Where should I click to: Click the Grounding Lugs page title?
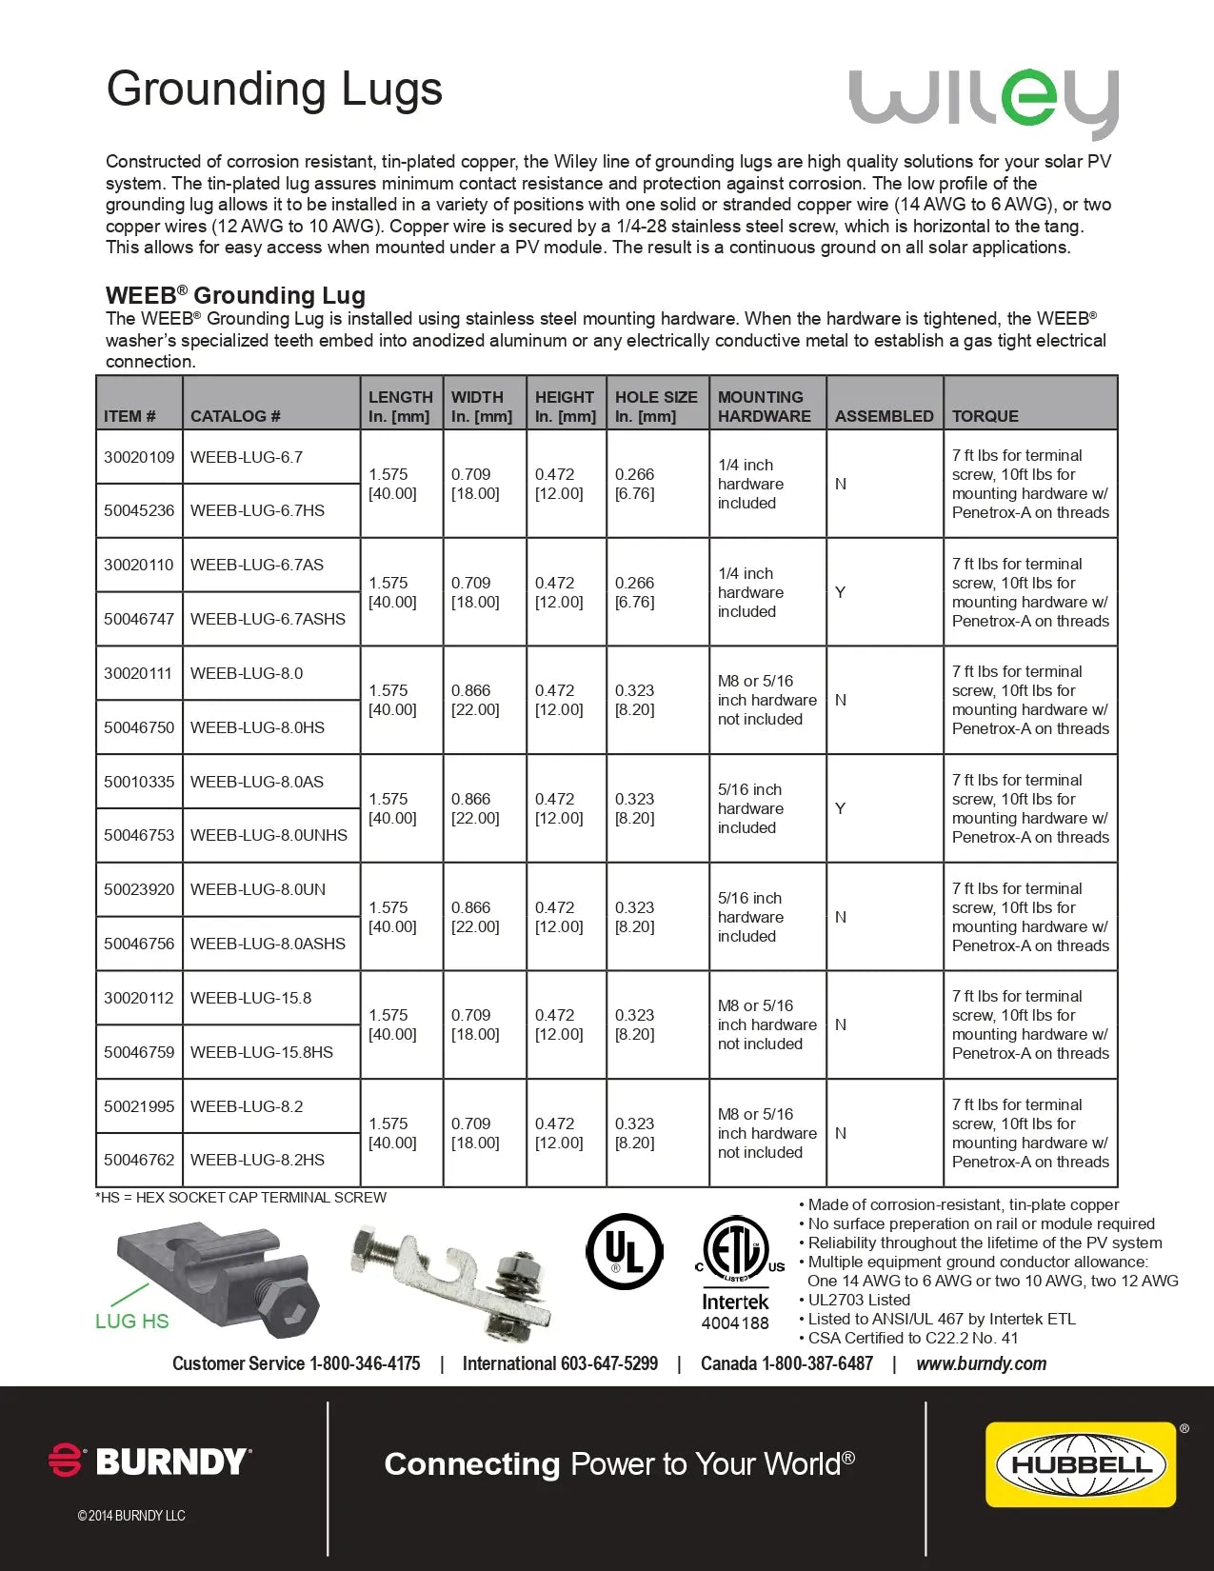point(274,89)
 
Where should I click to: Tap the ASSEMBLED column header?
point(884,416)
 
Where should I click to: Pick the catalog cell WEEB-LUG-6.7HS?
point(257,510)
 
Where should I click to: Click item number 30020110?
point(139,565)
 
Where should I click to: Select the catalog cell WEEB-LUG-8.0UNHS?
point(269,835)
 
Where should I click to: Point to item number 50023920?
point(139,889)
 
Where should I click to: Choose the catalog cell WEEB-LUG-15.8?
point(250,998)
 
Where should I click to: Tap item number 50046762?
point(139,1160)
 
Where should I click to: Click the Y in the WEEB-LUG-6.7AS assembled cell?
point(840,592)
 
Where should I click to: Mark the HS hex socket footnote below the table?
point(241,1198)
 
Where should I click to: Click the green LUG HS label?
point(131,1322)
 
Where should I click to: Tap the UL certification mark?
point(625,1251)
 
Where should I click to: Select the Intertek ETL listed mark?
point(736,1271)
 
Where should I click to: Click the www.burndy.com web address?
point(981,1363)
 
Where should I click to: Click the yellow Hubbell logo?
point(1081,1464)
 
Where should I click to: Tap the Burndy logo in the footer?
point(150,1462)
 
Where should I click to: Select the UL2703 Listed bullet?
point(858,1300)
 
